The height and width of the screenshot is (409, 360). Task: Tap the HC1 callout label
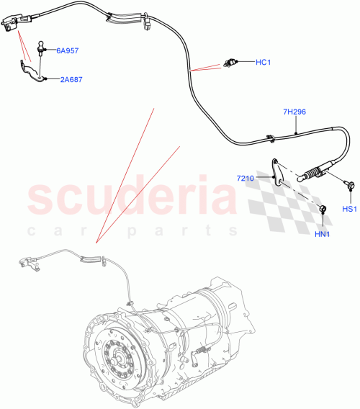coord(262,62)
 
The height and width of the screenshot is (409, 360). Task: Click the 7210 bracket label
coord(246,176)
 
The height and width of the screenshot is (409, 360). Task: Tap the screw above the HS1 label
coord(348,186)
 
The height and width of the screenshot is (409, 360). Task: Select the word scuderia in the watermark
coord(133,199)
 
